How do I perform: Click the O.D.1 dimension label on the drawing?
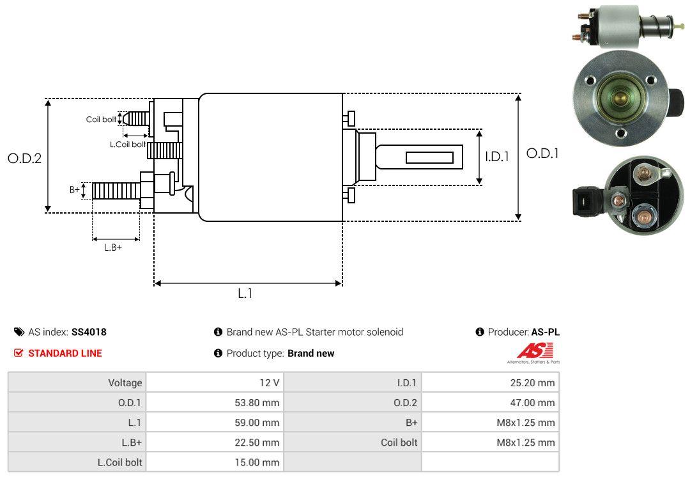[x=542, y=153]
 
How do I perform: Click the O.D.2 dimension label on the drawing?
[x=24, y=159]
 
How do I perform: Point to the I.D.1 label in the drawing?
[x=496, y=156]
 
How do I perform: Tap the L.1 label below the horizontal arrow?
[x=245, y=294]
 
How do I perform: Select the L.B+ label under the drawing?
[x=113, y=247]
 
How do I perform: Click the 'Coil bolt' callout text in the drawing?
[x=101, y=120]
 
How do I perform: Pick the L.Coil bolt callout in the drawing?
[x=128, y=145]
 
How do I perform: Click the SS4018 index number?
[x=89, y=332]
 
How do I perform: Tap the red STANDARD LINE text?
[x=65, y=353]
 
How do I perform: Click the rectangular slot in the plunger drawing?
[x=430, y=157]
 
